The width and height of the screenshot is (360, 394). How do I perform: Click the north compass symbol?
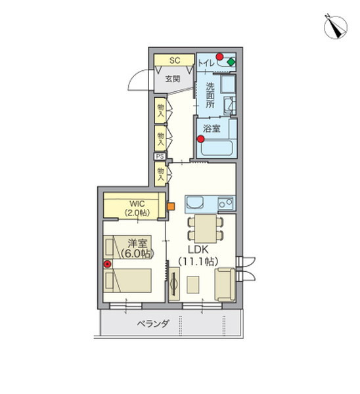point(335,27)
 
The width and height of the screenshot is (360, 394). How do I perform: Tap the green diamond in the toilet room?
point(231,62)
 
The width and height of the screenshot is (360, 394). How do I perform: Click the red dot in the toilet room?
point(219,56)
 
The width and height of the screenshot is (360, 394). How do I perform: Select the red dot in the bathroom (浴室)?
point(200,139)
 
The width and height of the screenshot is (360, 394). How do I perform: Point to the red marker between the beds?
point(107,264)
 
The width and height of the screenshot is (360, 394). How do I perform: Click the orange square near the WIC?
point(171,206)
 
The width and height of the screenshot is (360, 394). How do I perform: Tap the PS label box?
point(160,156)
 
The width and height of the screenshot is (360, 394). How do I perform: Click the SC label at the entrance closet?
point(175,60)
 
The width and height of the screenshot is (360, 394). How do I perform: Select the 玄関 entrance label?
point(173,79)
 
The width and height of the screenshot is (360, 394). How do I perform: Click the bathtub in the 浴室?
point(217,148)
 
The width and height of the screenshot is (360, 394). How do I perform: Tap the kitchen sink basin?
point(195,202)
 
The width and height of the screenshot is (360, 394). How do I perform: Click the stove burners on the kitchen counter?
point(226,203)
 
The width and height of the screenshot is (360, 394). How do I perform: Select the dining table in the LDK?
point(206,229)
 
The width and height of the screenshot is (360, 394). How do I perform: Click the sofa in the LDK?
point(225,284)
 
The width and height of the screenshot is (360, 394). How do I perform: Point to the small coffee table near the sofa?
point(193,284)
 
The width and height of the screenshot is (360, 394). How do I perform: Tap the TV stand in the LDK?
point(174,284)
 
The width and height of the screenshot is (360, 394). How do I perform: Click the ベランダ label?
point(153,324)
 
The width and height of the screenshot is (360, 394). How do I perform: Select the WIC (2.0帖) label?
point(137,208)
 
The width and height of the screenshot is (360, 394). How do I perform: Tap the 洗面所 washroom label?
point(210,95)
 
